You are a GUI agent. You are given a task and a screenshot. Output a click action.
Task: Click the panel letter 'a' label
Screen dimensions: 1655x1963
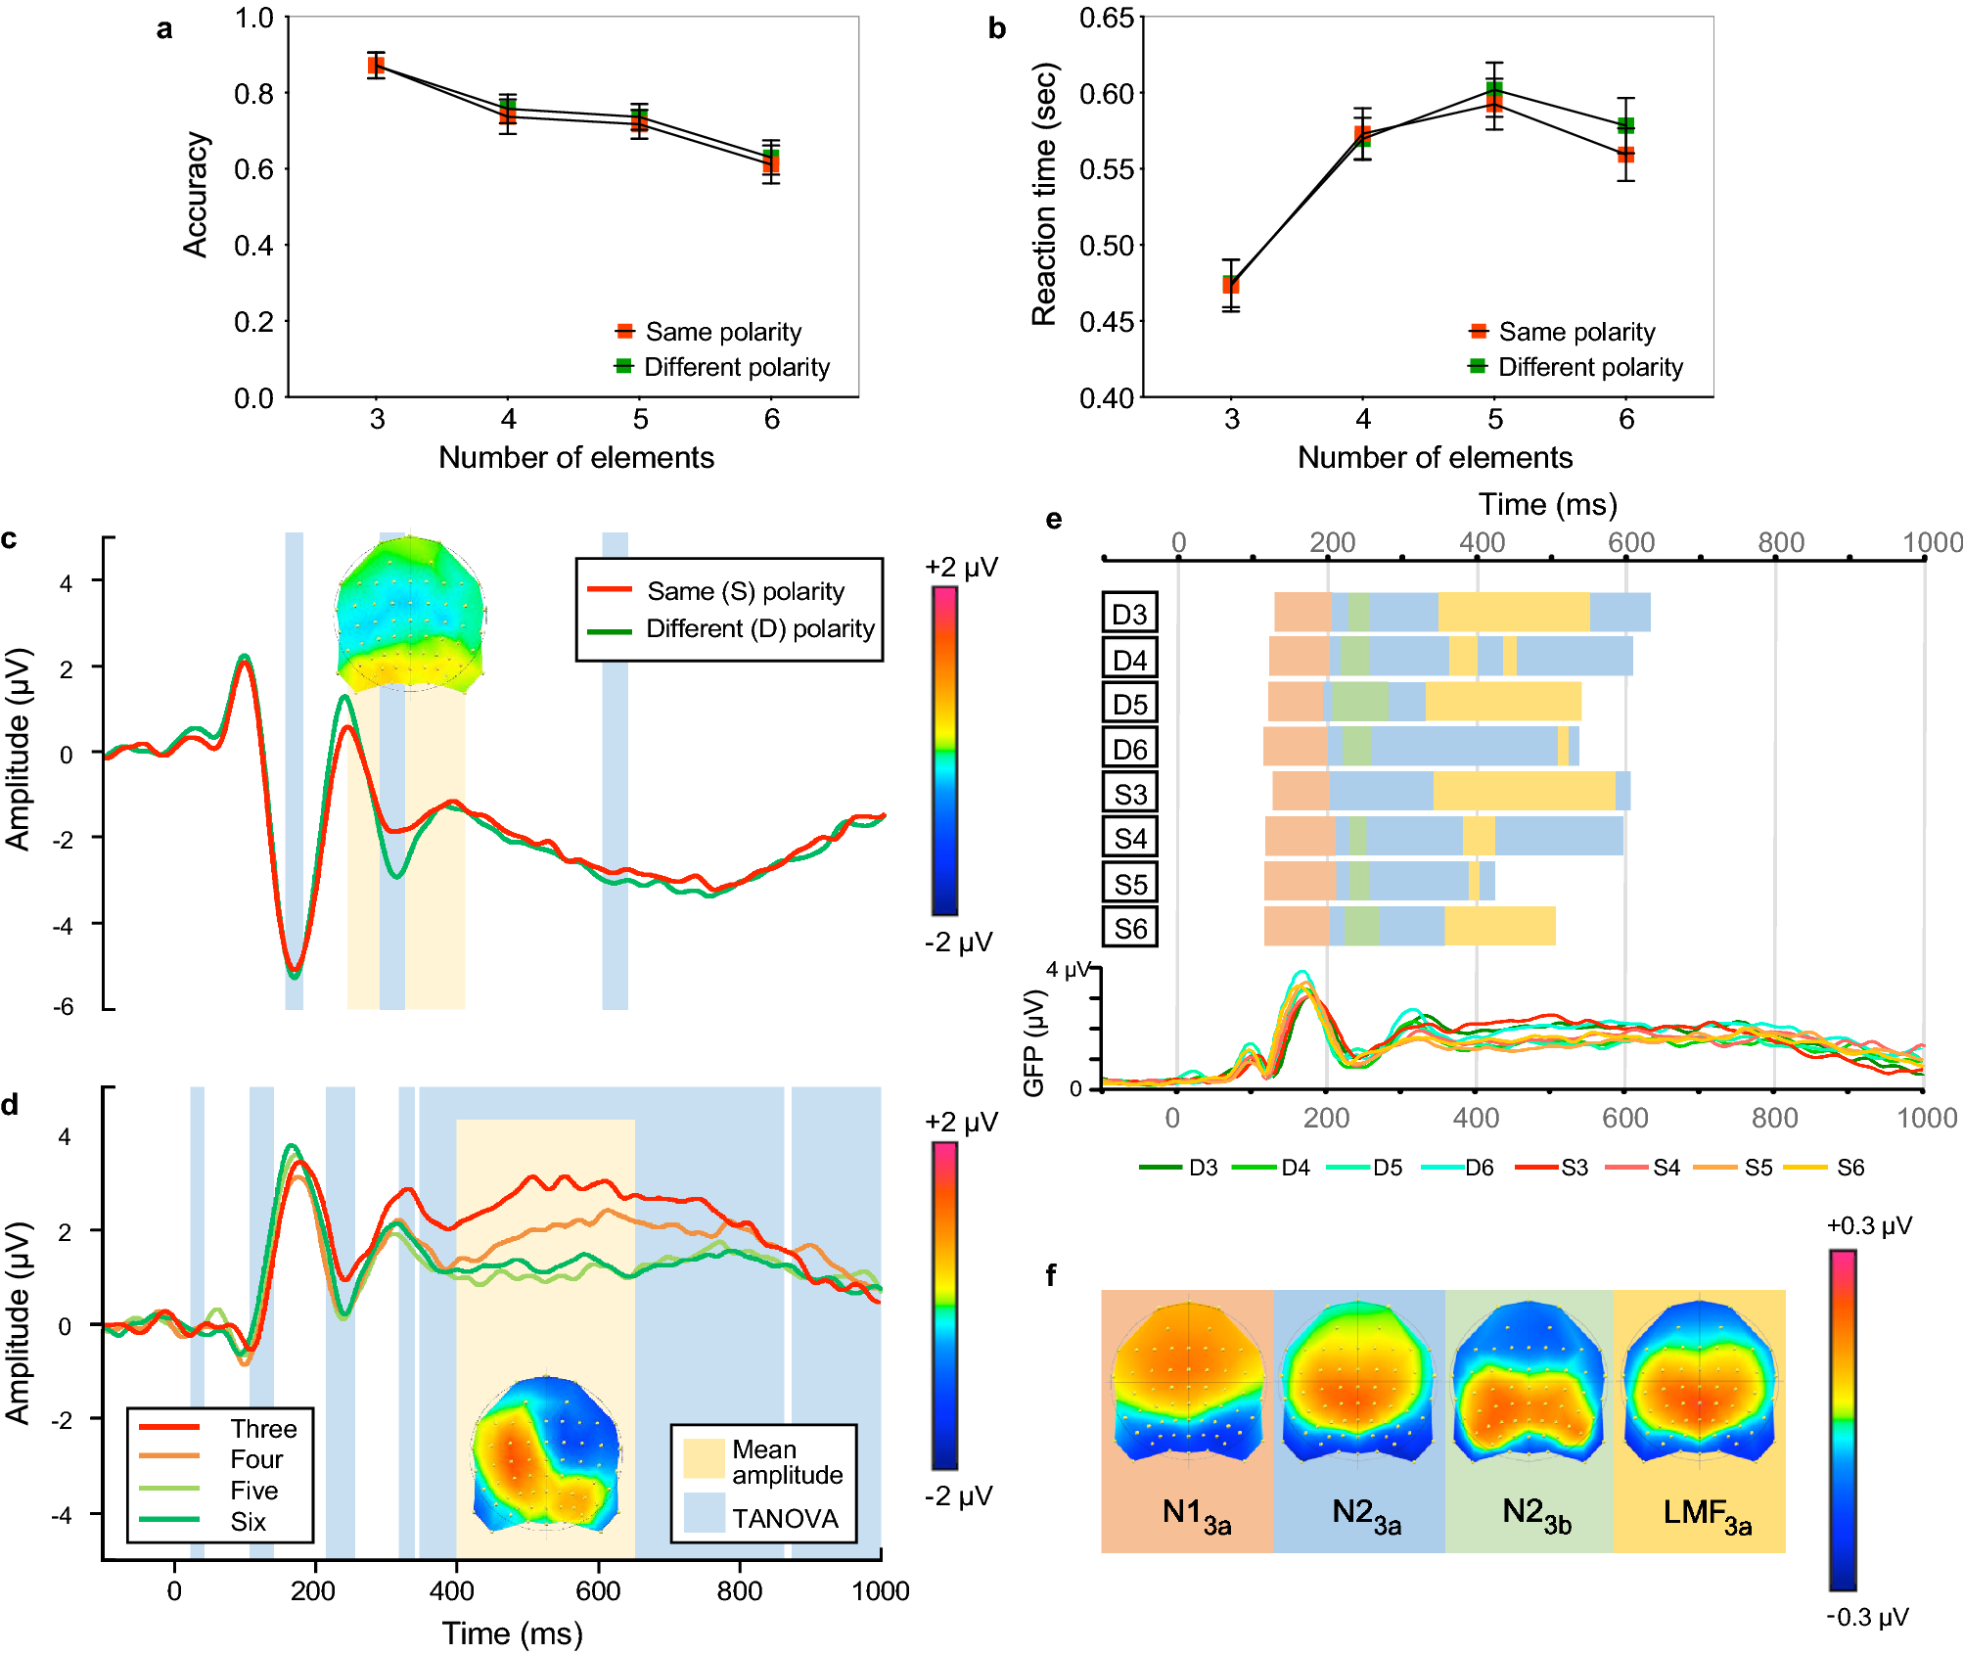164,29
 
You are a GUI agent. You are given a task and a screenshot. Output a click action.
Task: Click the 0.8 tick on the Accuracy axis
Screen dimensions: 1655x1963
253,94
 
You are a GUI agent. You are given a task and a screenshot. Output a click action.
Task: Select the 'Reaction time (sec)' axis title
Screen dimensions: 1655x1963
1045,194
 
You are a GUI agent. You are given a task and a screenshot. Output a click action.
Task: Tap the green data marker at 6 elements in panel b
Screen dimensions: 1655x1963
1625,125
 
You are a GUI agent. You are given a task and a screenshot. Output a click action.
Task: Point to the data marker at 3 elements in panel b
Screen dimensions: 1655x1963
1231,285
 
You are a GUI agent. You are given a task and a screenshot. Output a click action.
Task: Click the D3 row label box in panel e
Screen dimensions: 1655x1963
1129,614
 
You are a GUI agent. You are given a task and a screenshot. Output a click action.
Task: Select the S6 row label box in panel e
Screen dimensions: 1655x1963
1129,928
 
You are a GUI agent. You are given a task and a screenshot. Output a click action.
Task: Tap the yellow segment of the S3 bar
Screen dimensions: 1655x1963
1524,791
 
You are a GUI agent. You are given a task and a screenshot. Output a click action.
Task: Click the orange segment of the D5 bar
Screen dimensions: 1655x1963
1296,702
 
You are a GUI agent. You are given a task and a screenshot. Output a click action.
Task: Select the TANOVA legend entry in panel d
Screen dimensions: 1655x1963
763,1518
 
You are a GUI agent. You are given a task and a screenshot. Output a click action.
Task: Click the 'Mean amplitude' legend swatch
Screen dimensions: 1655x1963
704,1458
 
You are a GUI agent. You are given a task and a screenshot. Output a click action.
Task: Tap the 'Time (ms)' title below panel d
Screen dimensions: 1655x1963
512,1632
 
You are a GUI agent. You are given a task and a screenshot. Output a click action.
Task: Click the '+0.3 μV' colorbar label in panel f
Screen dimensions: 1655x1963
1868,1226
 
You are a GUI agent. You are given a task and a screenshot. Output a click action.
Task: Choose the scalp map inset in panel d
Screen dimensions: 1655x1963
545,1453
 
